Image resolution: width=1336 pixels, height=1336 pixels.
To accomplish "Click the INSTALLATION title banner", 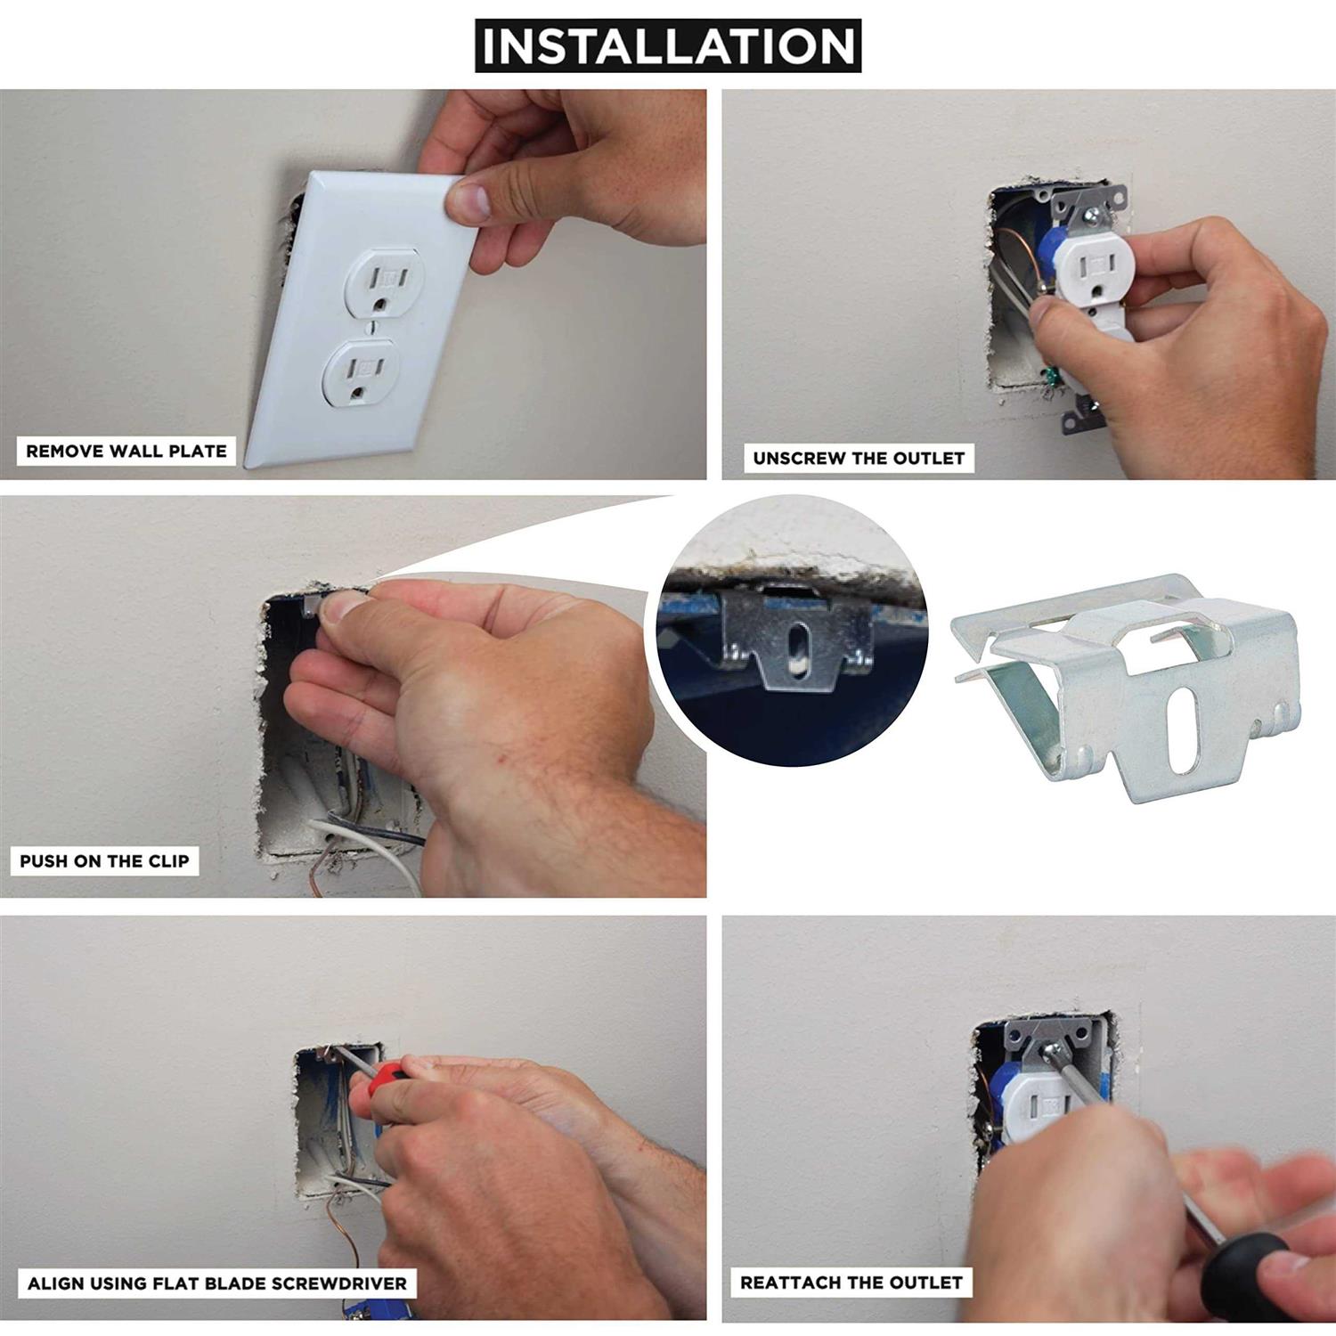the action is pos(668,45).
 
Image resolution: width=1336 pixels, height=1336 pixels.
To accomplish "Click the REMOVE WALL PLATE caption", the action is pos(126,451).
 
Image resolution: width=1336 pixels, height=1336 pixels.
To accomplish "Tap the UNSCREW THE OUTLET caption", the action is pos(859,458).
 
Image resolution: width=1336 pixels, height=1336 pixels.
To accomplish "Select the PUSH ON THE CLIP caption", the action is pos(104,861).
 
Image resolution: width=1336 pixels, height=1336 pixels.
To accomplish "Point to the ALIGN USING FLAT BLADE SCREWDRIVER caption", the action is pos(217,1283).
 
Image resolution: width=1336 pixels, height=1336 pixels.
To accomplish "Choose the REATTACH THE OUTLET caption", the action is pos(851,1283).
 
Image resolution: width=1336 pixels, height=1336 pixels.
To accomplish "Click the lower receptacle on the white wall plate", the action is pos(363,373).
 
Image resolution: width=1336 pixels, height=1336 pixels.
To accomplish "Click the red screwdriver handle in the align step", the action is pos(380,1081).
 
